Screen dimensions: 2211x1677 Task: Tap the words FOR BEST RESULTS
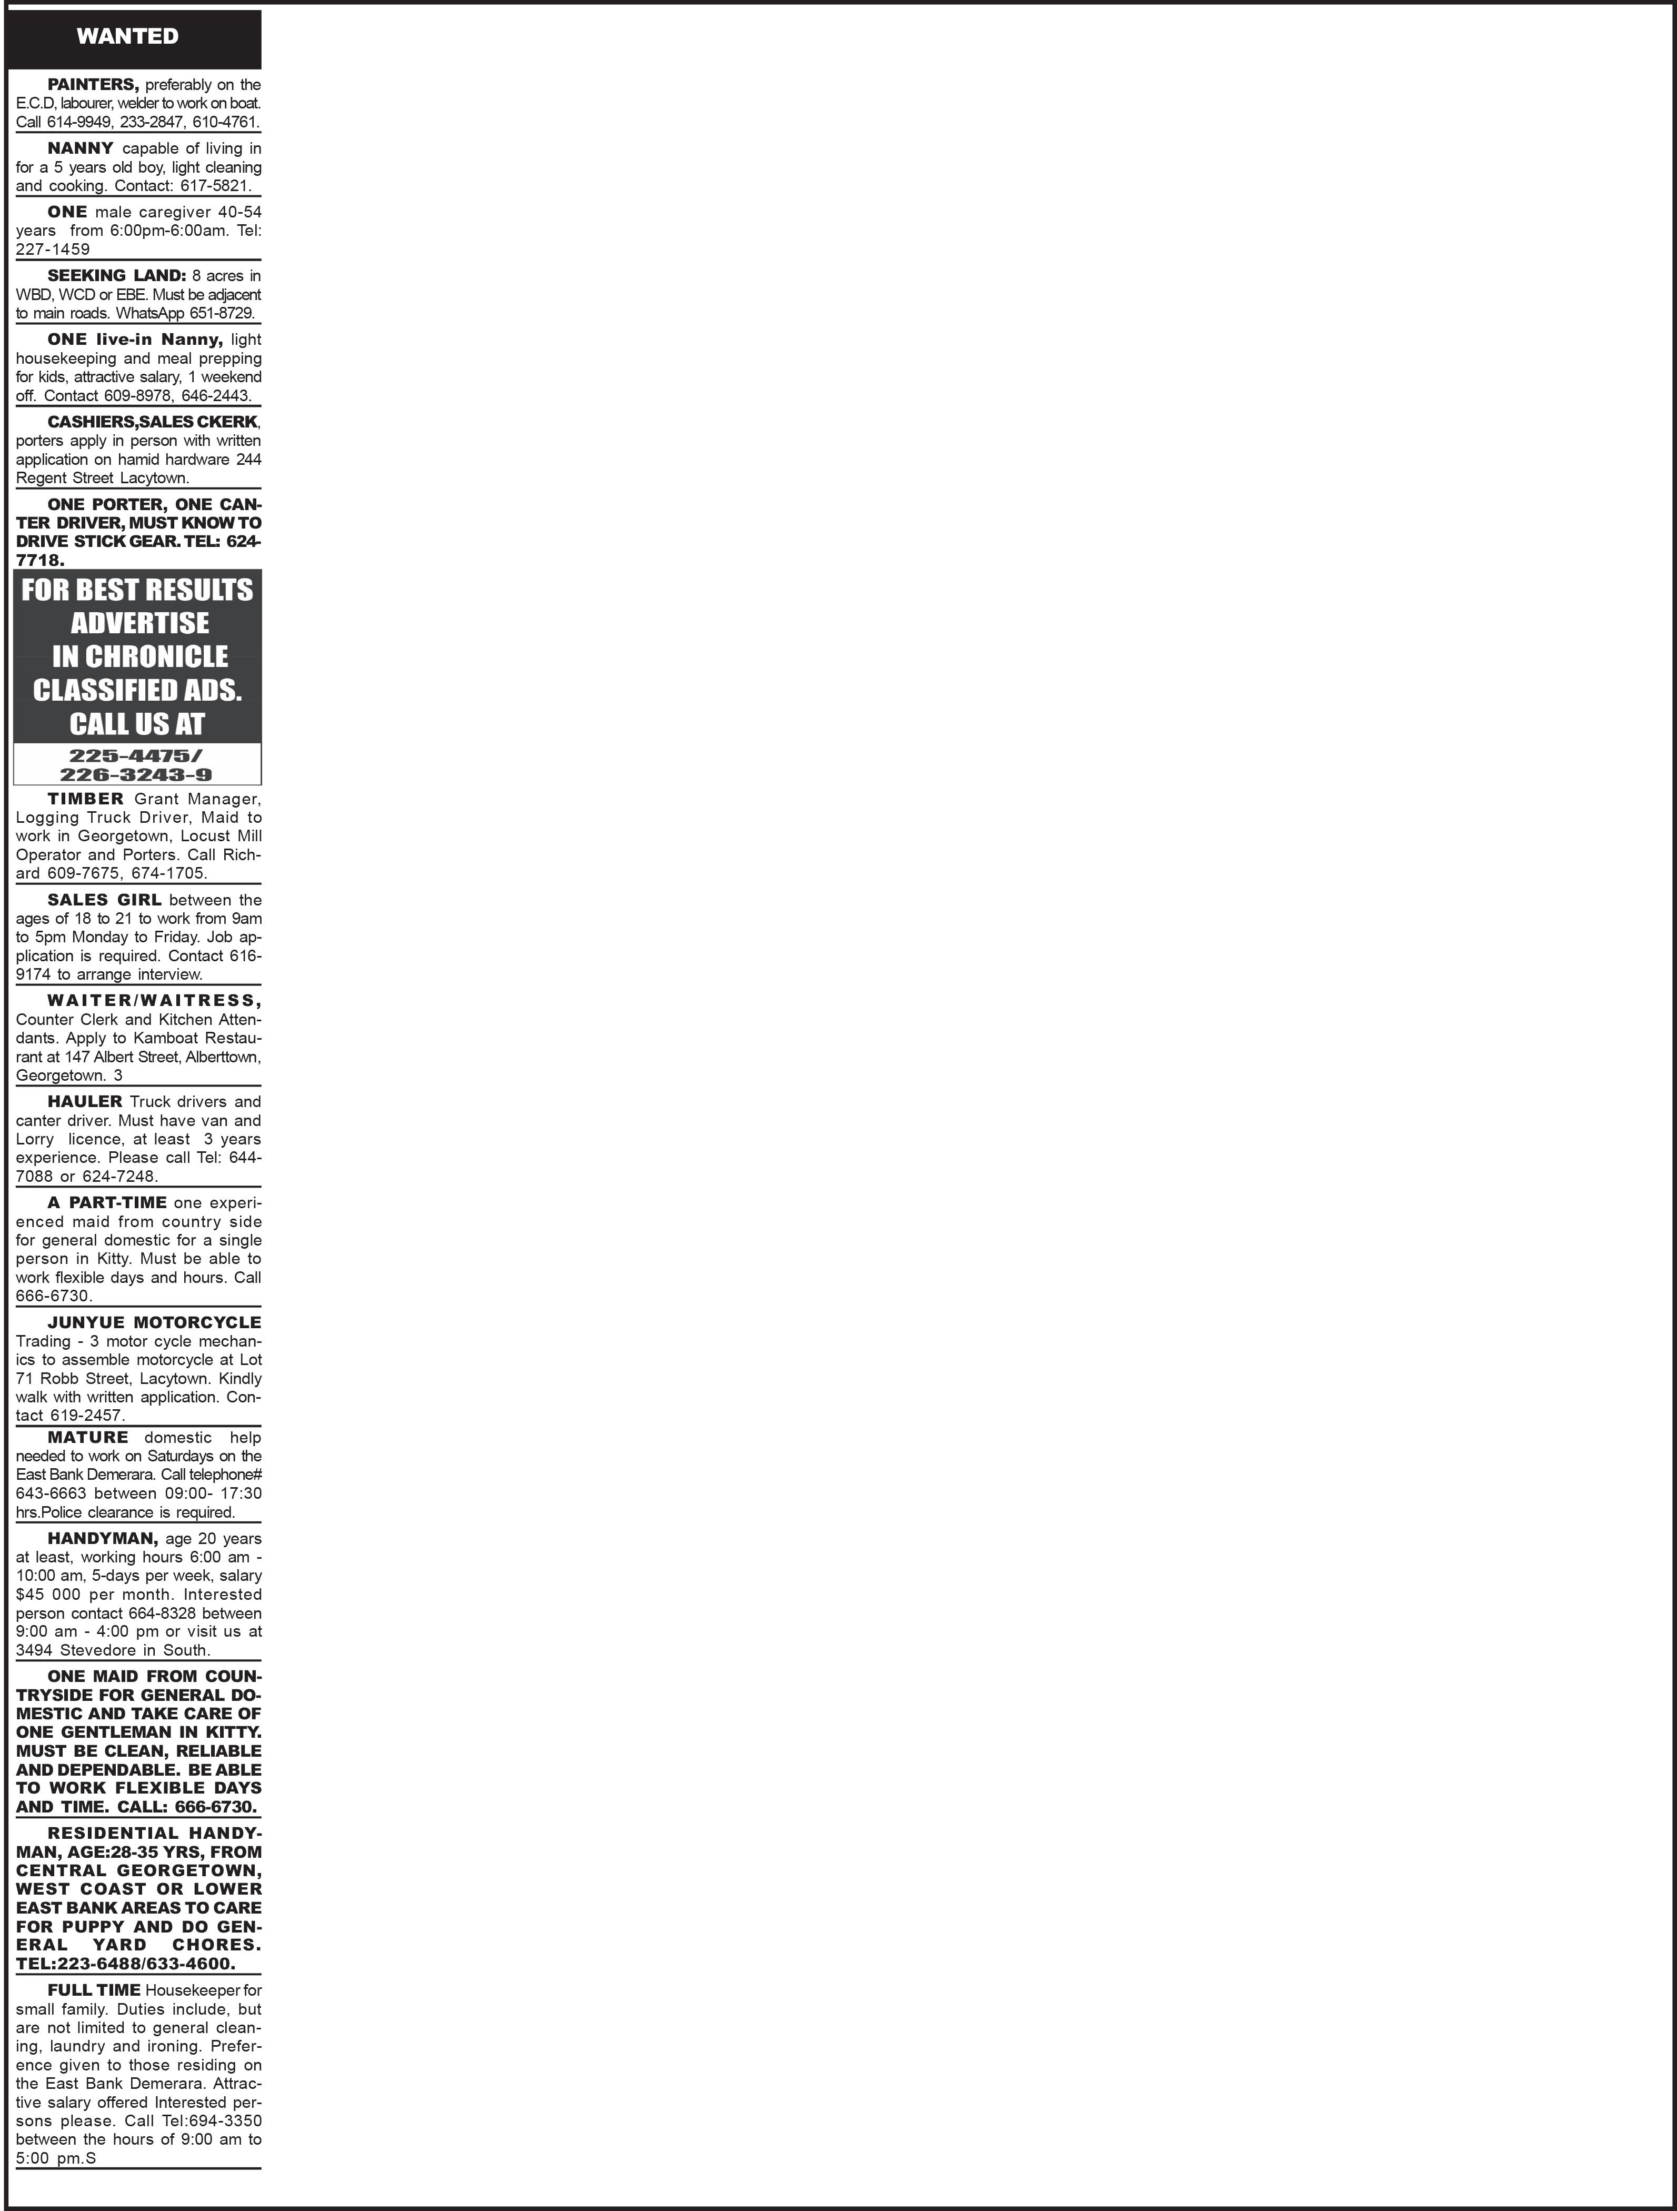coord(137,590)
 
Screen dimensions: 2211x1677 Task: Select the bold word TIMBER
coord(86,799)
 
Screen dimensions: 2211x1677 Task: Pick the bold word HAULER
coord(85,1101)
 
